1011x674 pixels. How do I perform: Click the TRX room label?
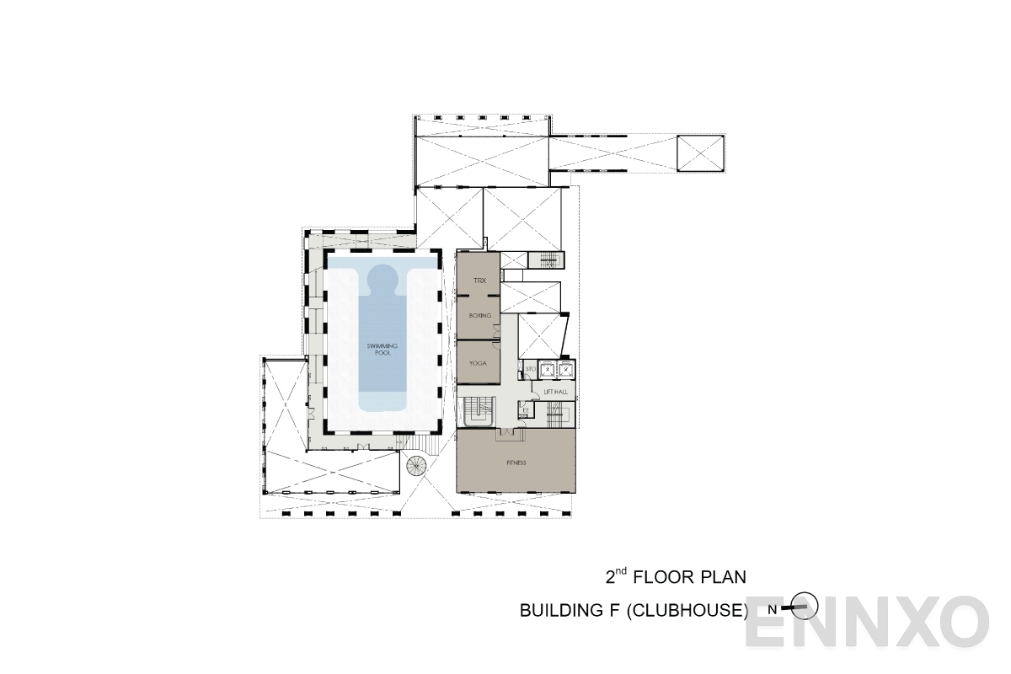click(x=479, y=280)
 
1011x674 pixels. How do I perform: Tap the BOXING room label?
click(x=479, y=316)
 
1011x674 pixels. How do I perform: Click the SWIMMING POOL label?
click(x=382, y=350)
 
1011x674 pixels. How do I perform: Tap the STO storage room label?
click(x=531, y=369)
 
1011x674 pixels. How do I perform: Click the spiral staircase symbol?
click(x=418, y=465)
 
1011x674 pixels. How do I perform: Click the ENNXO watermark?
click(x=868, y=623)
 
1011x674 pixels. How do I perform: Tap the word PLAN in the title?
click(x=720, y=577)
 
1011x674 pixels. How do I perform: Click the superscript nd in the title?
click(x=622, y=570)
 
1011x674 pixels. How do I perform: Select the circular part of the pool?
click(x=382, y=277)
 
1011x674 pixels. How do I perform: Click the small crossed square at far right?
click(x=701, y=154)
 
